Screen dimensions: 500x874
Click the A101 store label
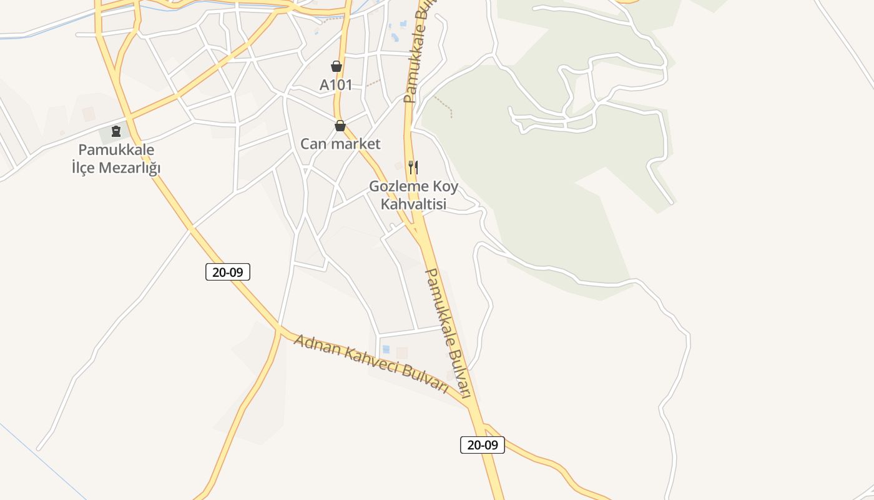336,85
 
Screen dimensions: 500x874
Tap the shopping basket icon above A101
336,66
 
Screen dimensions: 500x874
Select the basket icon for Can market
340,126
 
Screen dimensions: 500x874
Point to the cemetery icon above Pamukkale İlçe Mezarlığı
115,131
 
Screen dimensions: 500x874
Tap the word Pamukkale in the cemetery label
116,150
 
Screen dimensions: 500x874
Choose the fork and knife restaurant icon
413,167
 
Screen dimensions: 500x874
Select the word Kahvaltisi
413,204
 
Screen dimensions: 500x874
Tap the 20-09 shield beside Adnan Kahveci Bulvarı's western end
228,272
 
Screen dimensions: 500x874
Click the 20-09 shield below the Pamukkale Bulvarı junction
483,445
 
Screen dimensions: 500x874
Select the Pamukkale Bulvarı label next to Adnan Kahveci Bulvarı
448,332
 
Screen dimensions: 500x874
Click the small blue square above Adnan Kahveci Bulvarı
385,349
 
